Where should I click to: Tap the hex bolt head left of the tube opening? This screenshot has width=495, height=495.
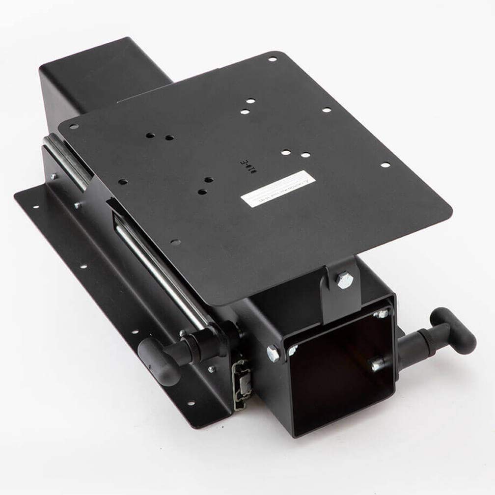tap(273, 353)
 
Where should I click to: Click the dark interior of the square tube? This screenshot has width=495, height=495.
tap(339, 373)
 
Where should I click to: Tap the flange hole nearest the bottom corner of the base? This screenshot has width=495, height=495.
tap(190, 403)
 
